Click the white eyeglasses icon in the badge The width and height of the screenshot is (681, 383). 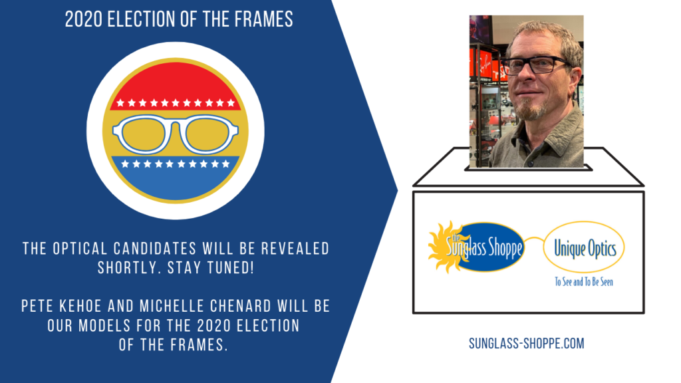[176, 134]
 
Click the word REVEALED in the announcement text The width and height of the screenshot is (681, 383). [295, 249]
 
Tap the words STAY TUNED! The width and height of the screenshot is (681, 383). [211, 268]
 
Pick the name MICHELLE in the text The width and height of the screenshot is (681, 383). [172, 306]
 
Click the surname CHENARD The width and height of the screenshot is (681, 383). [241, 306]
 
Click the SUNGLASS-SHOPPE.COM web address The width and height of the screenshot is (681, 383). [527, 344]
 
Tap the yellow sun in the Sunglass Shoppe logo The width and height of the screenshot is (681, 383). [443, 247]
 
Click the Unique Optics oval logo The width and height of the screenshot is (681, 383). [584, 247]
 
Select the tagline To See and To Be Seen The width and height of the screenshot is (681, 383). [584, 282]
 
